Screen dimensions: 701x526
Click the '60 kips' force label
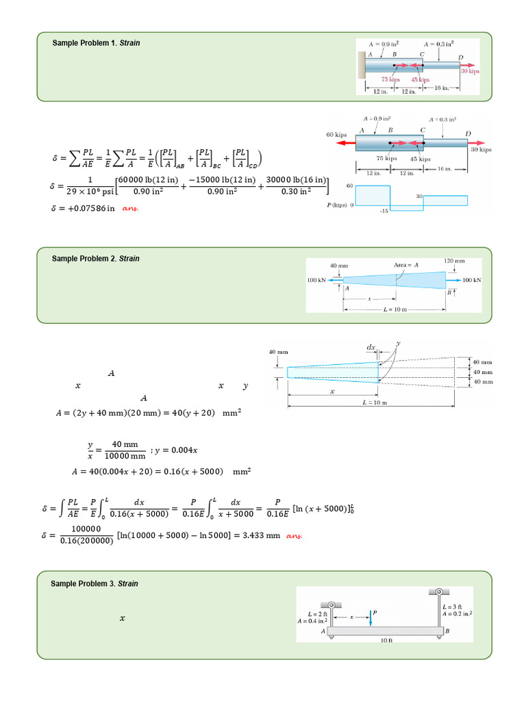(x=339, y=135)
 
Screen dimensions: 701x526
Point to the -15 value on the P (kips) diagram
(x=384, y=211)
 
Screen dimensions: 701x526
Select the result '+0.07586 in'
(x=83, y=208)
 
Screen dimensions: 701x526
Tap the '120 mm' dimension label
(x=454, y=261)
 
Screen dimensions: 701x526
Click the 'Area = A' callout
(x=406, y=264)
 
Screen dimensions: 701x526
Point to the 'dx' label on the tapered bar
(x=371, y=348)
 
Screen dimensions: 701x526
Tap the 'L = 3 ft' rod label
(x=453, y=607)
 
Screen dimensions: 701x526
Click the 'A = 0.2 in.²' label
(x=457, y=614)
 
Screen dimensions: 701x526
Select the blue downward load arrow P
(x=370, y=618)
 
